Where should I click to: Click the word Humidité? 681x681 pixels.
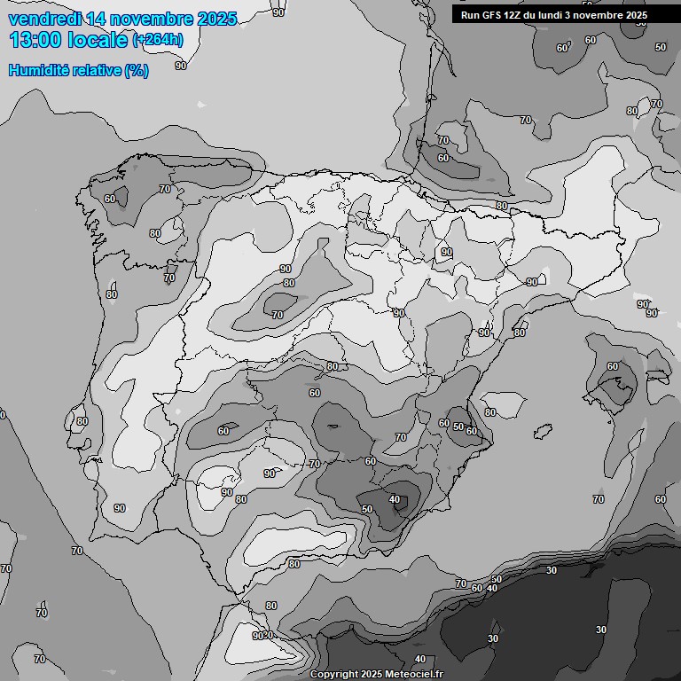(x=37, y=71)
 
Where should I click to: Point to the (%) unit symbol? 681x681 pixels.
(x=137, y=71)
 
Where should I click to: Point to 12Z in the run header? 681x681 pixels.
(x=513, y=15)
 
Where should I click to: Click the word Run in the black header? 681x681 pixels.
(x=470, y=15)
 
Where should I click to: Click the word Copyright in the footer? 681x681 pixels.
(x=334, y=675)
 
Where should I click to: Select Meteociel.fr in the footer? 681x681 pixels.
(x=415, y=675)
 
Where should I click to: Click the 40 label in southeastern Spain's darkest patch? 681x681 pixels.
(x=395, y=499)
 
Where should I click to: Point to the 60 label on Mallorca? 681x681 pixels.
(x=613, y=366)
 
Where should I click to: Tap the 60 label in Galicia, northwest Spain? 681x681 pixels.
(x=110, y=199)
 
